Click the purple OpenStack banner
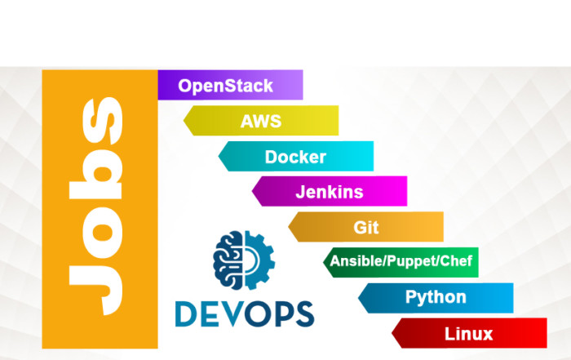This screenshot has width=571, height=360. (230, 85)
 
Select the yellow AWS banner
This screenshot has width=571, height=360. (261, 121)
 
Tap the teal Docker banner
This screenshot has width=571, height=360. (295, 157)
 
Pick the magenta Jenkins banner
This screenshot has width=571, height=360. (330, 192)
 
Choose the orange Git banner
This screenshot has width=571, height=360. (366, 227)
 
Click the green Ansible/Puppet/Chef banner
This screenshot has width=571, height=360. (401, 262)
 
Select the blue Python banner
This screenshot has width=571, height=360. (436, 297)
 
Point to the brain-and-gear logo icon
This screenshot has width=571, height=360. (243, 263)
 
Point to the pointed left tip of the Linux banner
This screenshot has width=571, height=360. (394, 333)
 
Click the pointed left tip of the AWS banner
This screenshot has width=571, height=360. (185, 121)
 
